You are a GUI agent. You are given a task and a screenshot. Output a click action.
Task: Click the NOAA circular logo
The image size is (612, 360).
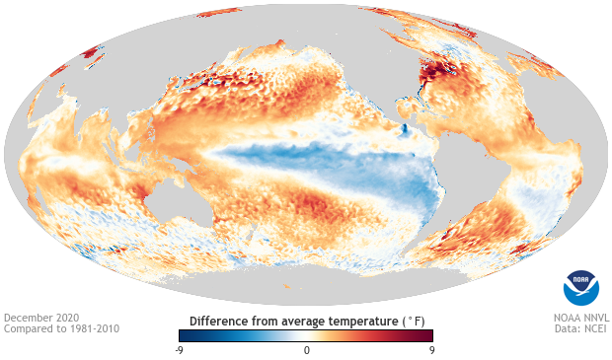(580, 286)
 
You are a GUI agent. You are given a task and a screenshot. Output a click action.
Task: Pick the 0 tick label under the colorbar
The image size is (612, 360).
(306, 350)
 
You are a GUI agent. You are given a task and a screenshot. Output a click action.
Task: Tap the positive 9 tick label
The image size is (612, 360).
(431, 350)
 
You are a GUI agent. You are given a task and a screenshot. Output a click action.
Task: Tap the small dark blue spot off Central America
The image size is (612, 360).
(404, 130)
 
